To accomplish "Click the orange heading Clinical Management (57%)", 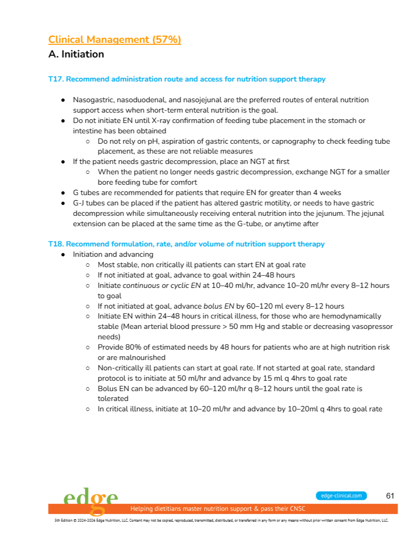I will pyautogui.click(x=115, y=40).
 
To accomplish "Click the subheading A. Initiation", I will pyautogui.click(x=76, y=54).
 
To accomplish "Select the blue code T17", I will pyautogui.click(x=55, y=79).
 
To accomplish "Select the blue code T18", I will pyautogui.click(x=55, y=244).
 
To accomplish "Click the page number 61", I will pyautogui.click(x=390, y=496).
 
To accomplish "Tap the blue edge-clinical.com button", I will pyautogui.click(x=341, y=496).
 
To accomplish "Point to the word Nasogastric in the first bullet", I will pyautogui.click(x=92, y=100).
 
